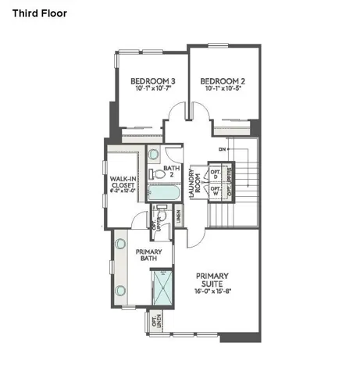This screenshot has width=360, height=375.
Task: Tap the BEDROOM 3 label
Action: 152,80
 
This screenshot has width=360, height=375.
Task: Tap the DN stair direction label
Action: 222,148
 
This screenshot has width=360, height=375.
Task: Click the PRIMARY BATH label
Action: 149,255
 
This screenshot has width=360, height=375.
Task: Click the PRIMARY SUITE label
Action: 212,279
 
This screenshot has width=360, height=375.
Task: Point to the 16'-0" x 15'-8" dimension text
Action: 212,291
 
